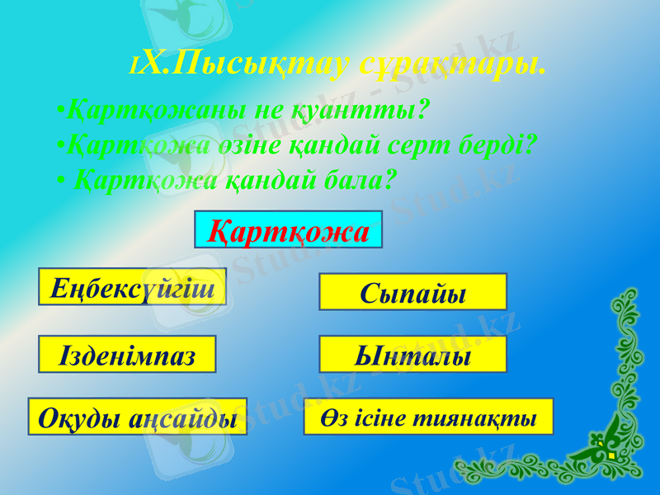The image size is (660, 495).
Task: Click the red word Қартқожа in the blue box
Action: click(x=289, y=231)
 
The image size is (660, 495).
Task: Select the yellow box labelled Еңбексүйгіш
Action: click(x=132, y=286)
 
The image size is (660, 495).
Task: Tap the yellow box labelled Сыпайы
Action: click(x=412, y=292)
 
